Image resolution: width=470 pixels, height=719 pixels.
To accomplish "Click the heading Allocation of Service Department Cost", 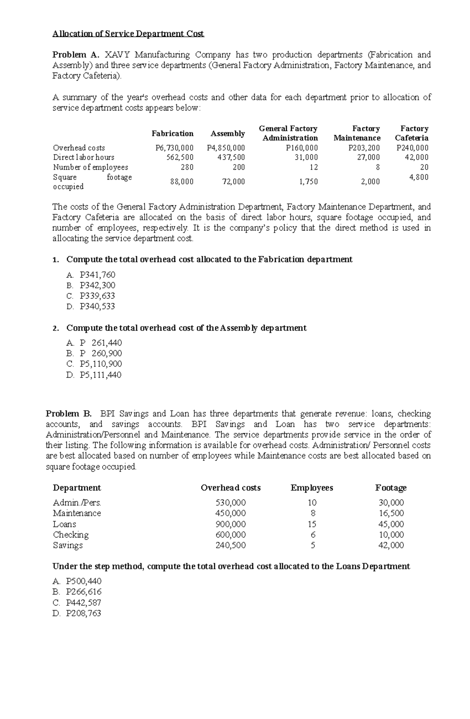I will click(x=128, y=34).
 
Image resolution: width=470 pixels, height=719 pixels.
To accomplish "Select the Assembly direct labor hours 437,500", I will click(x=231, y=157).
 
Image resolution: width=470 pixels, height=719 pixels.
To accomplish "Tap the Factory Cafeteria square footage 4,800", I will click(x=418, y=177).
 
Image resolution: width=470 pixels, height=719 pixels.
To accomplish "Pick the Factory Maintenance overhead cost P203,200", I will click(x=364, y=148).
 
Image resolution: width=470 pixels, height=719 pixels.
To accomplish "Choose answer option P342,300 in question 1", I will click(x=97, y=285).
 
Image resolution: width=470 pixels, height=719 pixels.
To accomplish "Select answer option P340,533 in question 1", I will click(x=97, y=306).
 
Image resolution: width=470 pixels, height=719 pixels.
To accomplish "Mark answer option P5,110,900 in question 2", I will click(x=101, y=364).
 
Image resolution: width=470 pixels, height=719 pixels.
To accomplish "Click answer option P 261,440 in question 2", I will click(x=101, y=343).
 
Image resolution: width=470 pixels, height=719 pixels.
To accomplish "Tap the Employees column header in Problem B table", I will click(x=311, y=488).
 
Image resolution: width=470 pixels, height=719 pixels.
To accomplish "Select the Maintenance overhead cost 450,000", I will click(x=231, y=513).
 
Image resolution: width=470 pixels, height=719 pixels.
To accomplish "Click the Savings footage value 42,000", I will click(x=391, y=545).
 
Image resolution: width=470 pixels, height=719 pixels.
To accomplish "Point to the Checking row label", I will click(x=71, y=535).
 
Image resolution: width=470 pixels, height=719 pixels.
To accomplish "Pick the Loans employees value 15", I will click(x=312, y=524).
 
